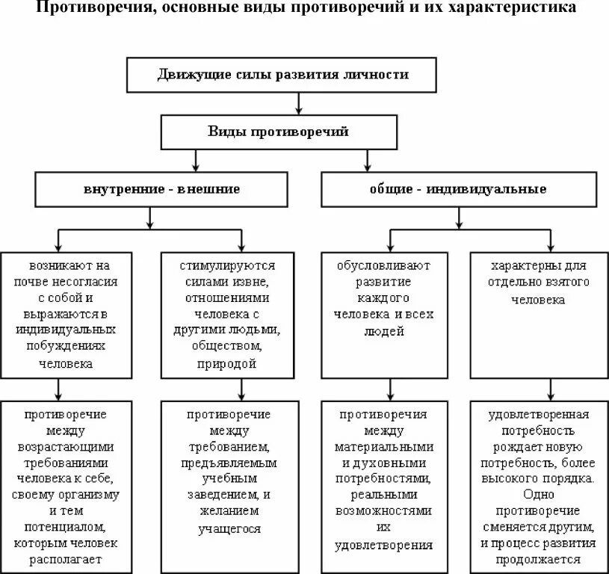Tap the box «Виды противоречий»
[x=278, y=132]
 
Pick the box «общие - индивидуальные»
[x=458, y=189]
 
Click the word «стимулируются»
[x=228, y=265]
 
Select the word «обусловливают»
[x=383, y=265]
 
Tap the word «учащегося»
[x=230, y=528]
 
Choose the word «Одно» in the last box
[x=539, y=495]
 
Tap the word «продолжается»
[x=539, y=560]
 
